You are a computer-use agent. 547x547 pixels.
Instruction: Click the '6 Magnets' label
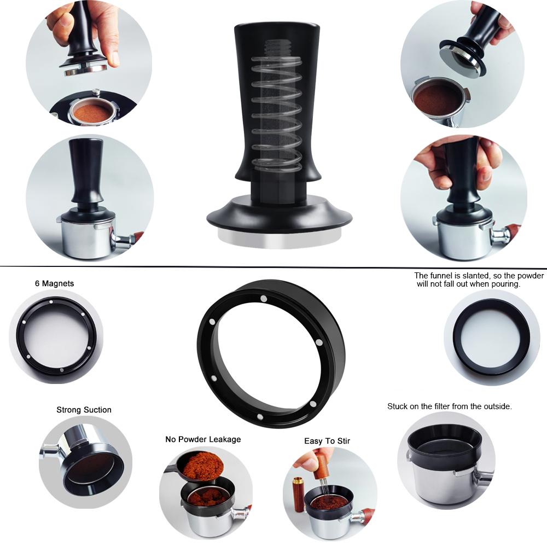click(x=54, y=283)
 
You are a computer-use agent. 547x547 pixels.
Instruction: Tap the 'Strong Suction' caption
click(x=84, y=410)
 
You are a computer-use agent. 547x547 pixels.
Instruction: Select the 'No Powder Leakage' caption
click(x=203, y=439)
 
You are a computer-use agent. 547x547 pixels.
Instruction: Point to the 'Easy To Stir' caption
click(x=327, y=441)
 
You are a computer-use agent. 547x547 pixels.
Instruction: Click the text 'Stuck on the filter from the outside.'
click(x=449, y=406)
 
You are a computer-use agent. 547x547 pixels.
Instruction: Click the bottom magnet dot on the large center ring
click(x=260, y=416)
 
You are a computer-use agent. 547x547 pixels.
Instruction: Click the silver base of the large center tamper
click(x=280, y=238)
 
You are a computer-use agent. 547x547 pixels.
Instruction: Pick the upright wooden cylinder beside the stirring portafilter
click(x=298, y=494)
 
